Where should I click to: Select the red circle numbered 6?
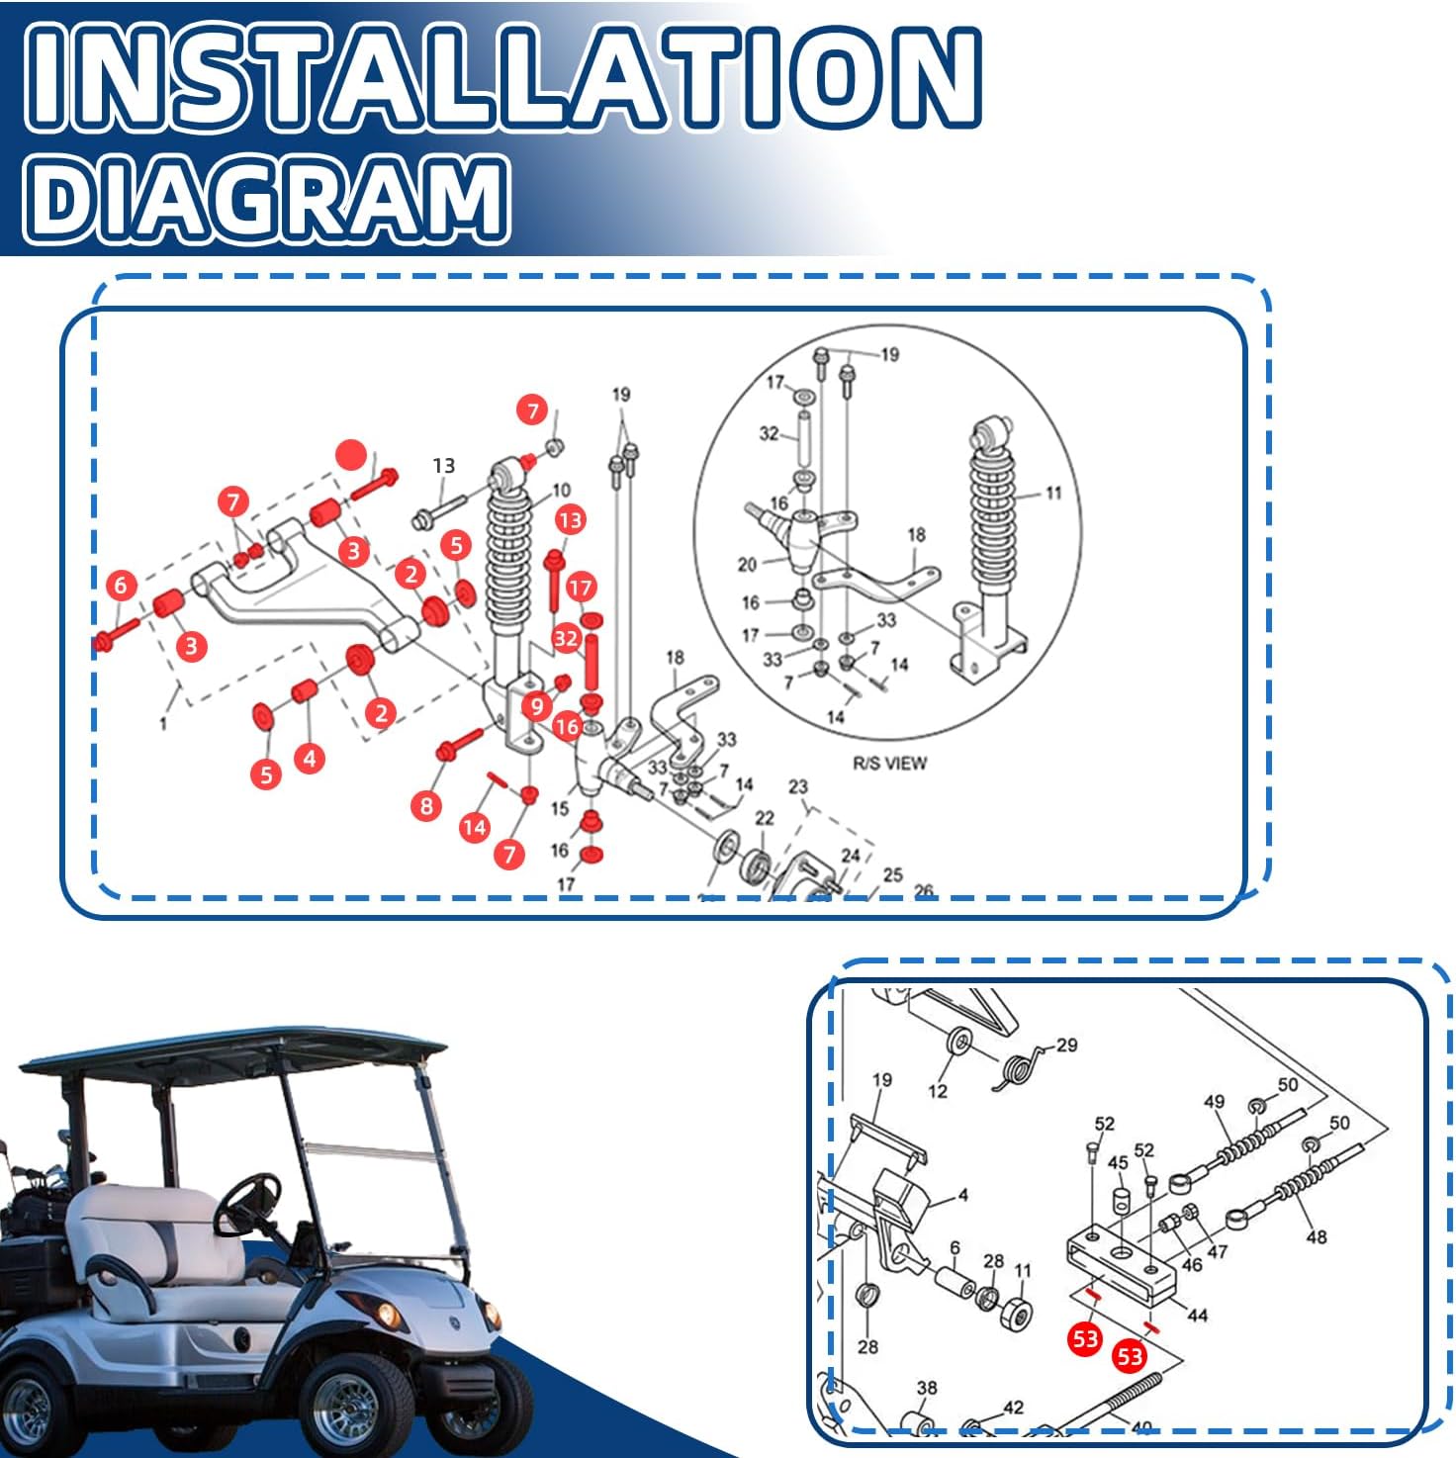point(121,585)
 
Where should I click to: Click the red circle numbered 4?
point(310,758)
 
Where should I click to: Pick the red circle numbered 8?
point(426,806)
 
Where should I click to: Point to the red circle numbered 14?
point(475,827)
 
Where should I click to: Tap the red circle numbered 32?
point(566,639)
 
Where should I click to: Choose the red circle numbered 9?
point(536,706)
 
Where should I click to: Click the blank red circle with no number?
point(351,455)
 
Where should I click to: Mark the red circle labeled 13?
point(571,519)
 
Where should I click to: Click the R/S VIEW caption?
point(889,763)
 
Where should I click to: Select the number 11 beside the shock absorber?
point(1053,493)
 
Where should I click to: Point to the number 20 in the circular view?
point(747,565)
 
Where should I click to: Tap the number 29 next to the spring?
point(1066,1045)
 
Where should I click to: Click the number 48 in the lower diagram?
point(1317,1237)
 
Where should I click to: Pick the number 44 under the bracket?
point(1197,1315)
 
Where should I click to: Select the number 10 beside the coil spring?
point(561,491)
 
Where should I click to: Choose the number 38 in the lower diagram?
point(927,1388)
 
